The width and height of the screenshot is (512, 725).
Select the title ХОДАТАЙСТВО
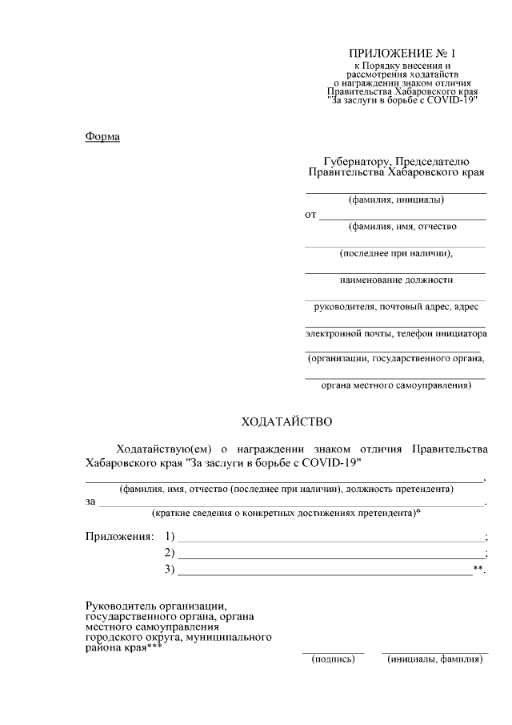pos(286,421)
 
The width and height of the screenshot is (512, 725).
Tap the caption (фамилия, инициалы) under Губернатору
pos(396,199)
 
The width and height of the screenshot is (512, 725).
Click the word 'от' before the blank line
pos(310,215)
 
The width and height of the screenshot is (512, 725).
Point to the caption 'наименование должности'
pos(396,280)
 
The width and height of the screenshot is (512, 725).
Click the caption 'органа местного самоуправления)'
pos(396,385)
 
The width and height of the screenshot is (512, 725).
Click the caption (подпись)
pos(332,660)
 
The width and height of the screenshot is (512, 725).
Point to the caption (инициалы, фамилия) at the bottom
pos(434,660)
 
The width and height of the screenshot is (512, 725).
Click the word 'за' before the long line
pos(90,501)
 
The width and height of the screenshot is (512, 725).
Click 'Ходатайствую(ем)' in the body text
pos(164,448)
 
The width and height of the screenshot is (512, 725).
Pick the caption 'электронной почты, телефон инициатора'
pos(396,332)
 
